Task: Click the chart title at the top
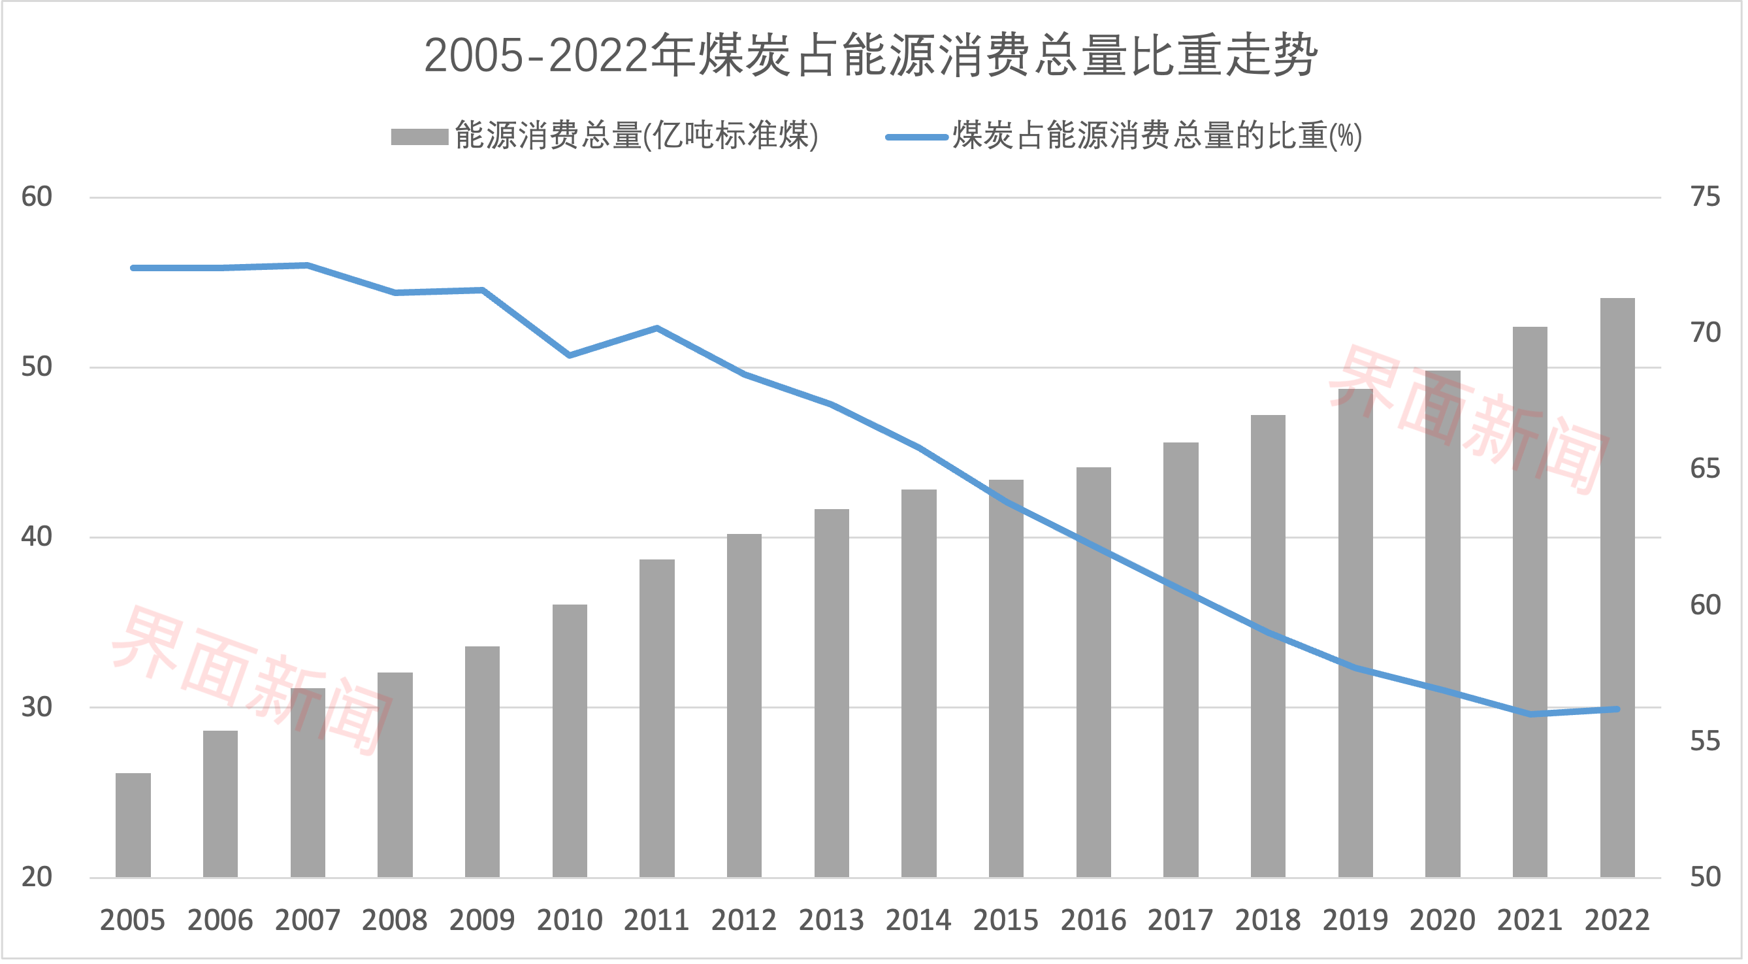click(871, 56)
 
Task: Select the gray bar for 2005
click(133, 825)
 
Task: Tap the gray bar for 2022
click(1617, 588)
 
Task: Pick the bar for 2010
click(570, 740)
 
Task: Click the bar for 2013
click(832, 693)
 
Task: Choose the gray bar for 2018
click(1268, 646)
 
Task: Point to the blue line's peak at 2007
click(308, 265)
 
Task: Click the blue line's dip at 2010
click(570, 355)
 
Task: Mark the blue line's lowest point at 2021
click(1530, 714)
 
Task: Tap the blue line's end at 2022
click(1617, 709)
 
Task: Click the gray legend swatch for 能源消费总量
click(419, 137)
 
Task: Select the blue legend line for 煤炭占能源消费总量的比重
click(916, 137)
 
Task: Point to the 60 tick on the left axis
click(37, 197)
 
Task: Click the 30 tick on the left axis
click(37, 706)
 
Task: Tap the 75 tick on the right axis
click(1706, 197)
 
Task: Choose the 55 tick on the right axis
click(1706, 740)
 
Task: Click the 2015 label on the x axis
click(1006, 920)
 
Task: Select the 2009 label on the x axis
click(482, 920)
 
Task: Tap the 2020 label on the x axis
click(1443, 920)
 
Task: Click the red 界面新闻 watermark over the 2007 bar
click(251, 679)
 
